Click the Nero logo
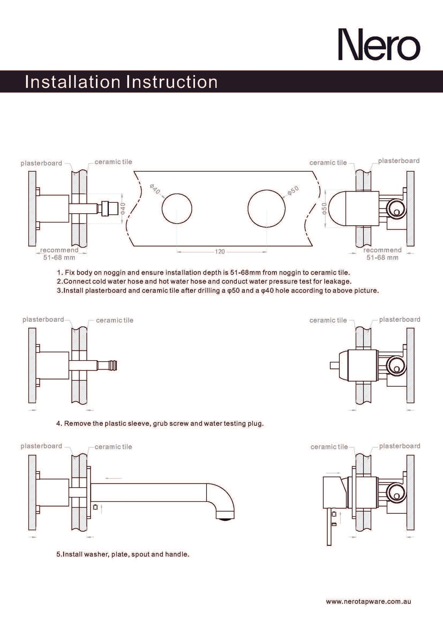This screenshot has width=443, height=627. pos(379,44)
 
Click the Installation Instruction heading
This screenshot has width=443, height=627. pos(121,82)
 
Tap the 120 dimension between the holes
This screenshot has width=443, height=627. pos(220,252)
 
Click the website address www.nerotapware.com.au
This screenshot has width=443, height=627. pos(368,601)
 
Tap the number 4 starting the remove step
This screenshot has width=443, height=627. pos(58,424)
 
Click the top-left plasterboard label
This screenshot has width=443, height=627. pos(41,163)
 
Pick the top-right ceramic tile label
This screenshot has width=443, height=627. pos(328,163)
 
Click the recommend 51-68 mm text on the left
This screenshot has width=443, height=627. pos(59,254)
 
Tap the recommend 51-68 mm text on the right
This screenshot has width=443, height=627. pos(382,254)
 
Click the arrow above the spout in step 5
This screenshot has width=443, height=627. pos(113,478)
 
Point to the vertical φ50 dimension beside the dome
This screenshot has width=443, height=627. pos(324,209)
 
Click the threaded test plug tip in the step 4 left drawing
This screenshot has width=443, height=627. pos(113,366)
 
